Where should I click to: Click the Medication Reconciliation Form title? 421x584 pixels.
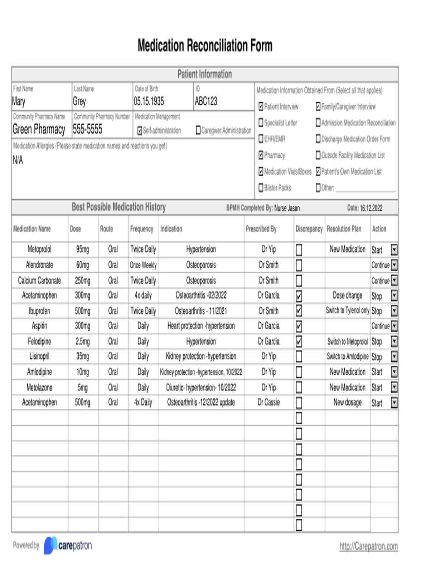click(x=205, y=46)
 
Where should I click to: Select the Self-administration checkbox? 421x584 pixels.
click(x=140, y=131)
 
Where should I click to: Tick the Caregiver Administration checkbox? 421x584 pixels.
click(x=198, y=130)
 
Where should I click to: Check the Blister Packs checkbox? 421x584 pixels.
click(x=261, y=188)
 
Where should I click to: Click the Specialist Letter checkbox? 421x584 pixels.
click(x=261, y=123)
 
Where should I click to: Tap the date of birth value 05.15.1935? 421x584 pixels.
click(x=149, y=101)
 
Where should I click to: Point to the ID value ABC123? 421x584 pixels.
click(x=206, y=101)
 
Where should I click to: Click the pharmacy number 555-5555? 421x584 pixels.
click(x=88, y=129)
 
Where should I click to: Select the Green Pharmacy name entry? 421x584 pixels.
click(x=39, y=129)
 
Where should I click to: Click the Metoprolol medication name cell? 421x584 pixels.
click(x=39, y=249)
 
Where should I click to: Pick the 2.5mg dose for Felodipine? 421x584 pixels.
click(x=83, y=341)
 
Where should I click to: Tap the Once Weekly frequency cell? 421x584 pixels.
click(x=143, y=265)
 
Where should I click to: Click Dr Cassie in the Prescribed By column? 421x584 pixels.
click(x=268, y=402)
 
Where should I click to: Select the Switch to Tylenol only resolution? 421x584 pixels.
click(x=347, y=311)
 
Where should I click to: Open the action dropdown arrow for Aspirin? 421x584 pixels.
click(x=394, y=326)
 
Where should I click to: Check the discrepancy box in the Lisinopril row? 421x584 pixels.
click(x=299, y=356)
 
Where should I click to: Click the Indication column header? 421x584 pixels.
click(x=171, y=229)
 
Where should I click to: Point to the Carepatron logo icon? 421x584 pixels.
click(x=50, y=545)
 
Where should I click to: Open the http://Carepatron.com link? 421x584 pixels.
click(x=368, y=546)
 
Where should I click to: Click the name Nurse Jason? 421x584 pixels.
click(x=287, y=208)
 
